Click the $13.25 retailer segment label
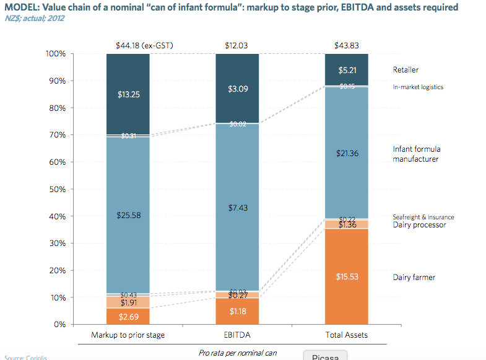tap(129, 95)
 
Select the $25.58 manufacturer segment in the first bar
tap(129, 214)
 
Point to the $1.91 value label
tap(129, 303)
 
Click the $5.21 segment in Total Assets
tap(347, 70)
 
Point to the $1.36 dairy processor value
tap(347, 225)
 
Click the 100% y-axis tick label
tap(55, 54)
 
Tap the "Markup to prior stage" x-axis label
tap(129, 335)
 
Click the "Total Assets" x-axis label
tap(347, 335)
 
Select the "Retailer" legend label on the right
tap(406, 70)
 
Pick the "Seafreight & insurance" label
tap(423, 217)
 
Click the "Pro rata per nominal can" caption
tap(238, 353)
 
